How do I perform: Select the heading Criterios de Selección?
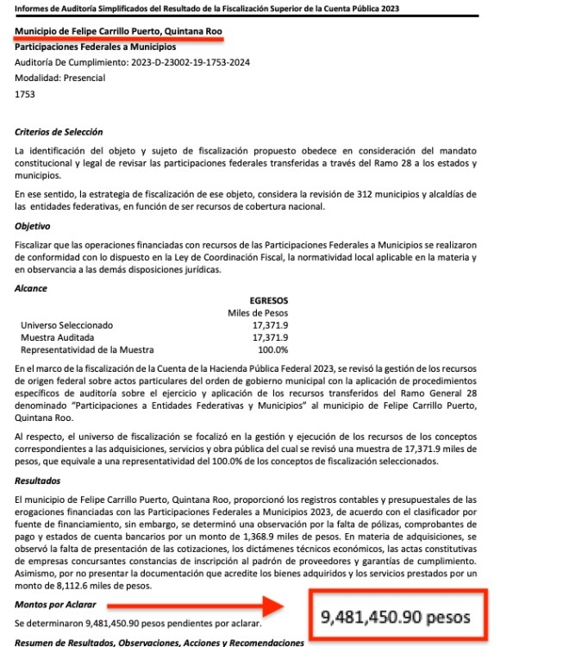(59, 132)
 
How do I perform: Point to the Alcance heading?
(32, 288)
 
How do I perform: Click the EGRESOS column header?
(268, 300)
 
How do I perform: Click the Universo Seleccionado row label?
(66, 324)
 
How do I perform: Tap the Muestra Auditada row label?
(57, 337)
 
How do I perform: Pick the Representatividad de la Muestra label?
(86, 349)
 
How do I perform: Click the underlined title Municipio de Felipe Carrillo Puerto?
(119, 32)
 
